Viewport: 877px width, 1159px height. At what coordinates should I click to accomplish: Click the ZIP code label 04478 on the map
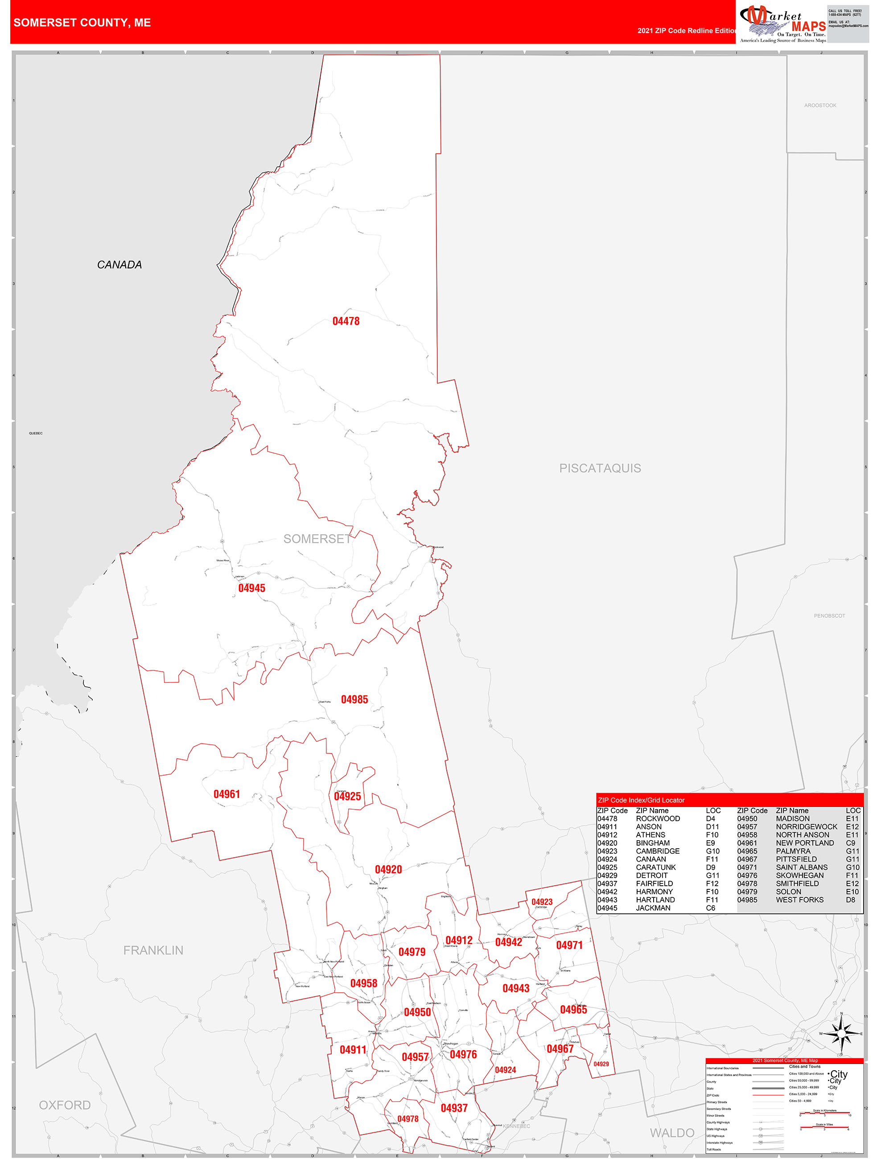coord(346,321)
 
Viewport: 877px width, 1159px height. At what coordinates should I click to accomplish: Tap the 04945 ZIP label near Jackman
coord(251,588)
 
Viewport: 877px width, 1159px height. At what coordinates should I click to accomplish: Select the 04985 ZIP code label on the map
coord(354,699)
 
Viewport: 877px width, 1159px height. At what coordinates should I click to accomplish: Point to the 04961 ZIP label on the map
coord(226,794)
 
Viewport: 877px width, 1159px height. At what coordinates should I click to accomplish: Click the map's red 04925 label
coord(348,797)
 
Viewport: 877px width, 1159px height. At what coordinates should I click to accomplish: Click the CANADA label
coord(119,265)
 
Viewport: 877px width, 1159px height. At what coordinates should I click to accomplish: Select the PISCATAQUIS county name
coord(600,468)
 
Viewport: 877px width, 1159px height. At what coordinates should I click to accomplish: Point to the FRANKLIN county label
coord(153,950)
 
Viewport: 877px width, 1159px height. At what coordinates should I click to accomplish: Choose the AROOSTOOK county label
coord(820,105)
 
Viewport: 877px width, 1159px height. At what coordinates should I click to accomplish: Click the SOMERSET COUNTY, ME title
coord(82,23)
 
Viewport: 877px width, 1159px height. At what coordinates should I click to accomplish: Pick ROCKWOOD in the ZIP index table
coord(658,818)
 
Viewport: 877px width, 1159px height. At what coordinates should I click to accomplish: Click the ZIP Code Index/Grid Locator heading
coord(641,800)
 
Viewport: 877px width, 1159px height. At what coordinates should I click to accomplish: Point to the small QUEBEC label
coord(36,433)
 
